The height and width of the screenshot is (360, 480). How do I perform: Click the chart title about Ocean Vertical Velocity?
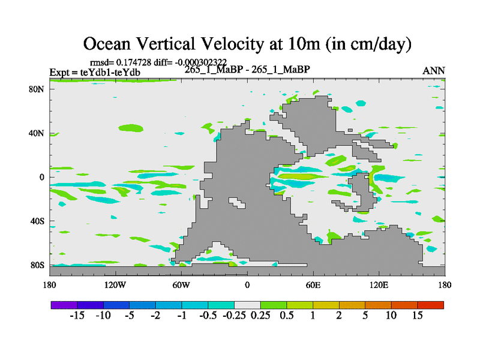click(x=247, y=43)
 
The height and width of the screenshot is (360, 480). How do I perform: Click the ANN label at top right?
click(x=434, y=71)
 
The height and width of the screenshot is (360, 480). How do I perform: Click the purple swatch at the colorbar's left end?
click(x=64, y=305)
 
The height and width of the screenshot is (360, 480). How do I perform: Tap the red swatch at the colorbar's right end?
click(x=431, y=305)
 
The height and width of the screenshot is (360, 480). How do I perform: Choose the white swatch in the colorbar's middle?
click(x=247, y=305)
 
